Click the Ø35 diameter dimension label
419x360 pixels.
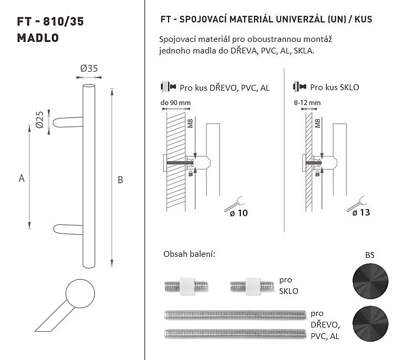pos(89,69)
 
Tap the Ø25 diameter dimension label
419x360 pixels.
pos(40,119)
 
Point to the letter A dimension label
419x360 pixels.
pos(21,178)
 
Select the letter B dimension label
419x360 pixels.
pos(120,180)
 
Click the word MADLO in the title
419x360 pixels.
pos(38,38)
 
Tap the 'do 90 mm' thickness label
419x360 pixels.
pos(175,103)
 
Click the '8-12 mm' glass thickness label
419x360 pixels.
pos(307,103)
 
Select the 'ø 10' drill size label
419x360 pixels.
pos(239,213)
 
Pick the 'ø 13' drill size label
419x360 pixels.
pos(361,212)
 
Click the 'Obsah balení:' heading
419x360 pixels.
pos(189,254)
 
